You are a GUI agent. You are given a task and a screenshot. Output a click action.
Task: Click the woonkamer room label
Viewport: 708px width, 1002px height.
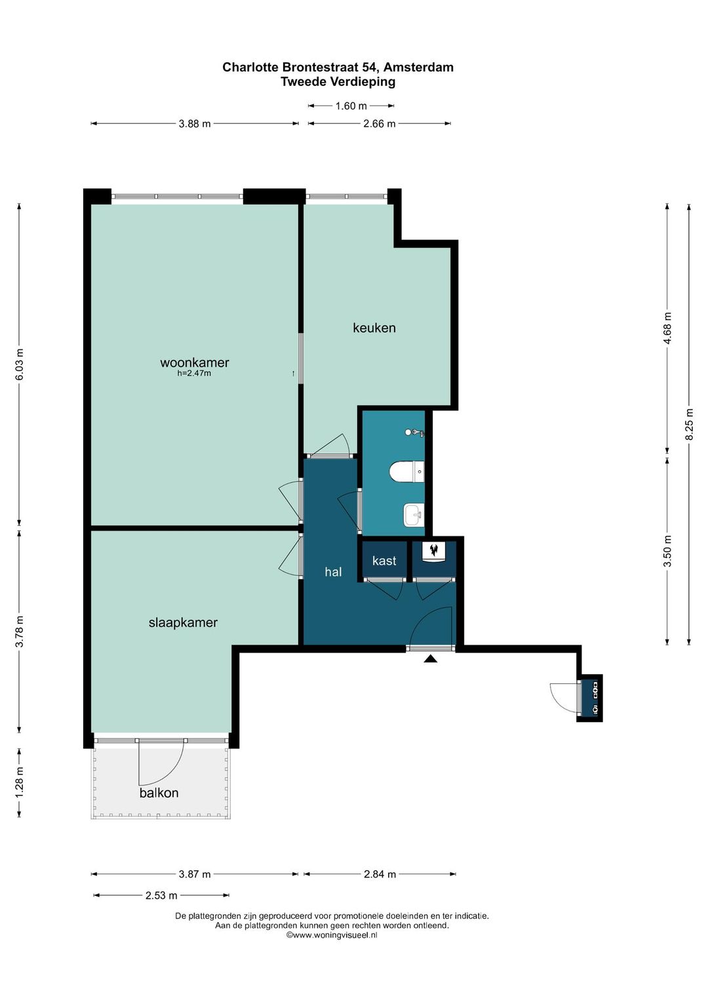pos(195,363)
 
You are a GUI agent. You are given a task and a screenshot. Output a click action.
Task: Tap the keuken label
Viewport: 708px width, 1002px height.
pos(374,328)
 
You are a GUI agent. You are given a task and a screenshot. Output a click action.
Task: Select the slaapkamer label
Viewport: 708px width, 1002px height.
pos(183,622)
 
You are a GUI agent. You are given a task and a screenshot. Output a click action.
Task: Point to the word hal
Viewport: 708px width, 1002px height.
pos(333,571)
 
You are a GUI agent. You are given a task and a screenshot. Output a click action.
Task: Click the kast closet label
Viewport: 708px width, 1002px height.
pos(384,561)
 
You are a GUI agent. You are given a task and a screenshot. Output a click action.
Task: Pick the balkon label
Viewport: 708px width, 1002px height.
pos(159,793)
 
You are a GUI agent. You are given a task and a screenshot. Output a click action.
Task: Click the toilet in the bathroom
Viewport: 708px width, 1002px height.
pos(406,473)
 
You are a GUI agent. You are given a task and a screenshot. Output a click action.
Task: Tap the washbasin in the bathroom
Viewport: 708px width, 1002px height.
pos(413,515)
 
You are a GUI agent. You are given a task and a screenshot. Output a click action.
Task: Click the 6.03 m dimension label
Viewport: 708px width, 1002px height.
pos(19,364)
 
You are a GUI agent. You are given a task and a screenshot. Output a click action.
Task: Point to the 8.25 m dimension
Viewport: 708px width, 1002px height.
pos(689,424)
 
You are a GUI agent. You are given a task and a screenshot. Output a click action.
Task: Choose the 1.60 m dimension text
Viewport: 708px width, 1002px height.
pos(351,106)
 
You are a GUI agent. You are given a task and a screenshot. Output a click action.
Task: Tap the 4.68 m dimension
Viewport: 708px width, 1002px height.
pos(667,329)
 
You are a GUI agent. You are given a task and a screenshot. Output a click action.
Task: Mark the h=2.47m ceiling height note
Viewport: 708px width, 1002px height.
pos(194,373)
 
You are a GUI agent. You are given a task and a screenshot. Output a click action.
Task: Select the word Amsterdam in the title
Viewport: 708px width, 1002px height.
pos(419,67)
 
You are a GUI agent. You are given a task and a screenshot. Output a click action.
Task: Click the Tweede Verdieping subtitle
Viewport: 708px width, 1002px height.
pos(338,81)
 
